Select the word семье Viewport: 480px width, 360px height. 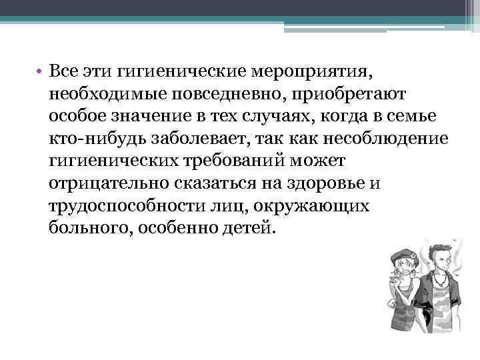(x=415, y=115)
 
